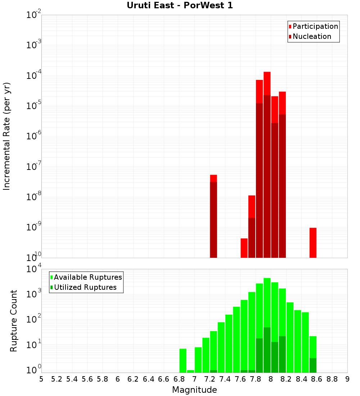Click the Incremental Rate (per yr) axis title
pos(7,136)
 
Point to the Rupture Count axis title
pos(14,321)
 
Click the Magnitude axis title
pos(194,390)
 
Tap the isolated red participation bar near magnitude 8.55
pos(313,243)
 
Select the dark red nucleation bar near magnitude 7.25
pos(213,220)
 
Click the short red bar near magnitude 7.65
pos(244,248)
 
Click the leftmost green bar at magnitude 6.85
pos(183,360)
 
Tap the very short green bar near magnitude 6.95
pos(190,371)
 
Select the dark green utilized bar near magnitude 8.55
pos(313,365)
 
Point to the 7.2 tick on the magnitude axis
pos(210,379)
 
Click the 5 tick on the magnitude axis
pos(41,379)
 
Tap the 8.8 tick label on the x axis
pos(332,379)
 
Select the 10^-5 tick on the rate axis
pos(34,106)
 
